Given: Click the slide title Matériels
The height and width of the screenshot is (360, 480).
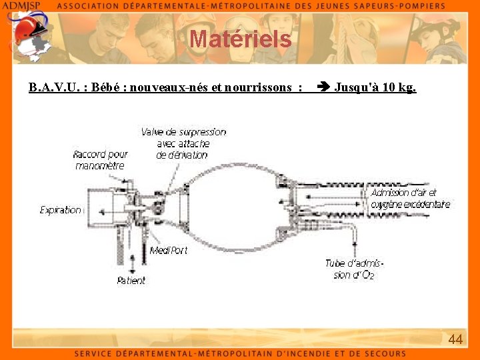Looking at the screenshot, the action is click(x=241, y=39).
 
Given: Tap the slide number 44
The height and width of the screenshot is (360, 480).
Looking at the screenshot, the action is click(x=455, y=339).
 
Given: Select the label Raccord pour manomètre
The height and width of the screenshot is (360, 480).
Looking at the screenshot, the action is click(x=100, y=160).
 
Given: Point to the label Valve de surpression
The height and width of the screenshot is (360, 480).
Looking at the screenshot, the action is click(x=183, y=132).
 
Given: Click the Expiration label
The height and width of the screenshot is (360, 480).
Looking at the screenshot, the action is click(x=60, y=210).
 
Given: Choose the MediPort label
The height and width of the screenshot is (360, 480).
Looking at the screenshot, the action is click(x=168, y=250).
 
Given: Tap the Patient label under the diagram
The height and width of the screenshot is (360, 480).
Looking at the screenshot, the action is click(x=131, y=281).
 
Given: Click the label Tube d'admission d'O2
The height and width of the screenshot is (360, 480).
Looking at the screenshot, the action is click(x=354, y=269).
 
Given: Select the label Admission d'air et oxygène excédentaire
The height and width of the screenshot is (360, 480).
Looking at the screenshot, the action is click(x=410, y=199).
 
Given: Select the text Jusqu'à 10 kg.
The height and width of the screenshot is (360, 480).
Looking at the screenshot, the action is click(x=375, y=87).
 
